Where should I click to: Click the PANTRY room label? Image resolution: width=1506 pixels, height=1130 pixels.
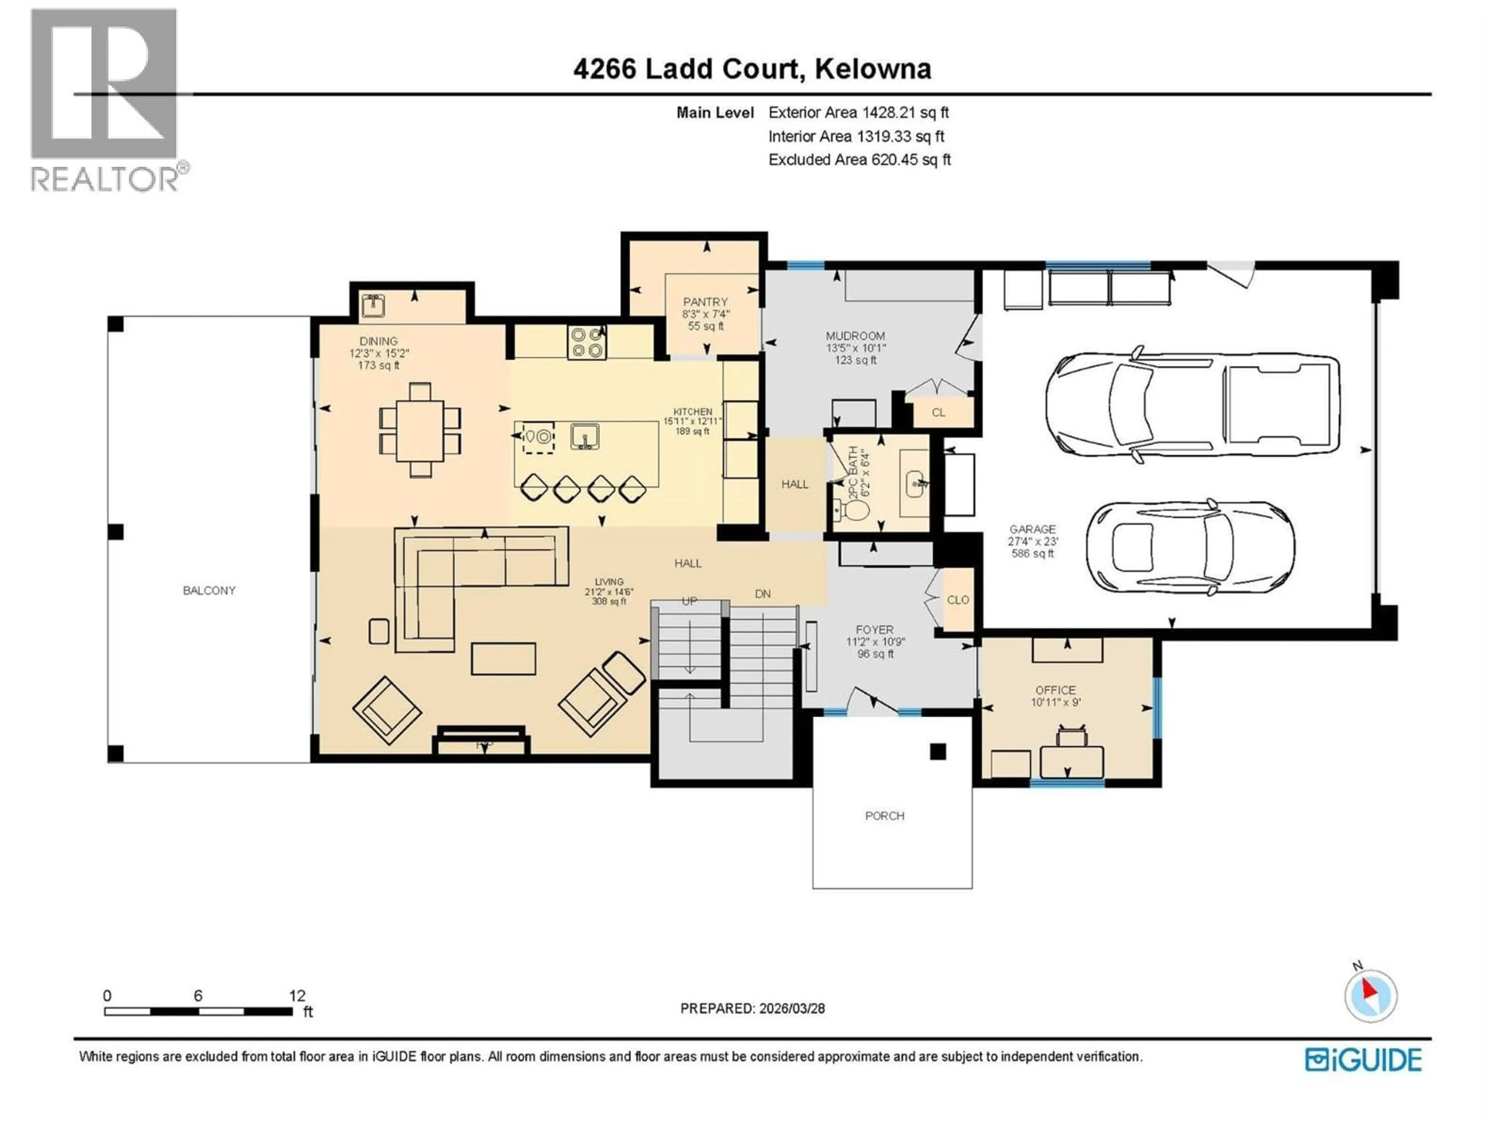(x=705, y=302)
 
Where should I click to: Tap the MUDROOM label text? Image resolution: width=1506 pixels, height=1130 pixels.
(x=855, y=336)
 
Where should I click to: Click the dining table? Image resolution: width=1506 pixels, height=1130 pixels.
(x=420, y=430)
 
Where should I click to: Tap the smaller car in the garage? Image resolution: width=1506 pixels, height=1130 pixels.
(x=1190, y=546)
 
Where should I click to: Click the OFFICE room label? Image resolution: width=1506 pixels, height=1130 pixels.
(x=1055, y=690)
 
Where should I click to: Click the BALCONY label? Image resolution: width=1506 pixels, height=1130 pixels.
(x=209, y=591)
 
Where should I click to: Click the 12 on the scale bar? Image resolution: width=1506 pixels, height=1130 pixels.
(x=297, y=996)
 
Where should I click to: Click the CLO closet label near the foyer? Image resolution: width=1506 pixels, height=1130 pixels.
(x=958, y=600)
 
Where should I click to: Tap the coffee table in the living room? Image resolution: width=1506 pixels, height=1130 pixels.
(x=503, y=659)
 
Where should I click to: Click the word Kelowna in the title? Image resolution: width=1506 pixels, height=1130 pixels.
(x=873, y=69)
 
